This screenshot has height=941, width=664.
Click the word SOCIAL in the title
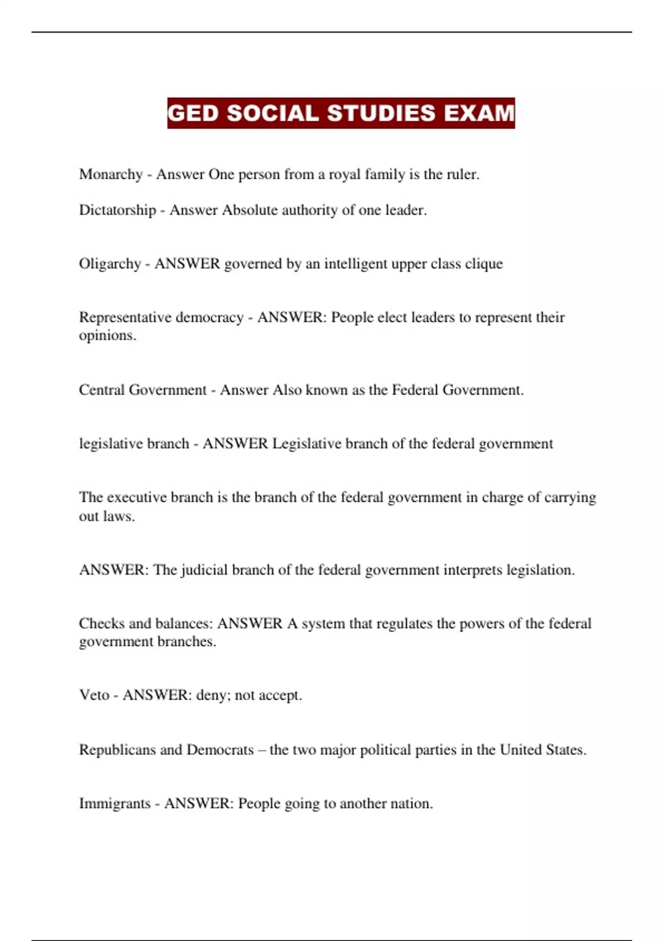(x=272, y=113)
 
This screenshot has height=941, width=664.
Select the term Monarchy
(x=111, y=174)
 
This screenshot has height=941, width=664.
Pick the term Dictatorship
(x=117, y=210)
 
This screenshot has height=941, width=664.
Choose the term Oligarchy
(x=110, y=264)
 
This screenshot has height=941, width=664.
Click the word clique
(x=484, y=264)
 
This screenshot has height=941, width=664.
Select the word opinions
(x=107, y=336)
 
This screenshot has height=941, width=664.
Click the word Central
(x=102, y=390)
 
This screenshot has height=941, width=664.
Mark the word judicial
(x=204, y=570)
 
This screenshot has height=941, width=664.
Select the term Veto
(x=94, y=695)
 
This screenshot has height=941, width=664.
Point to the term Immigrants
(x=115, y=804)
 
